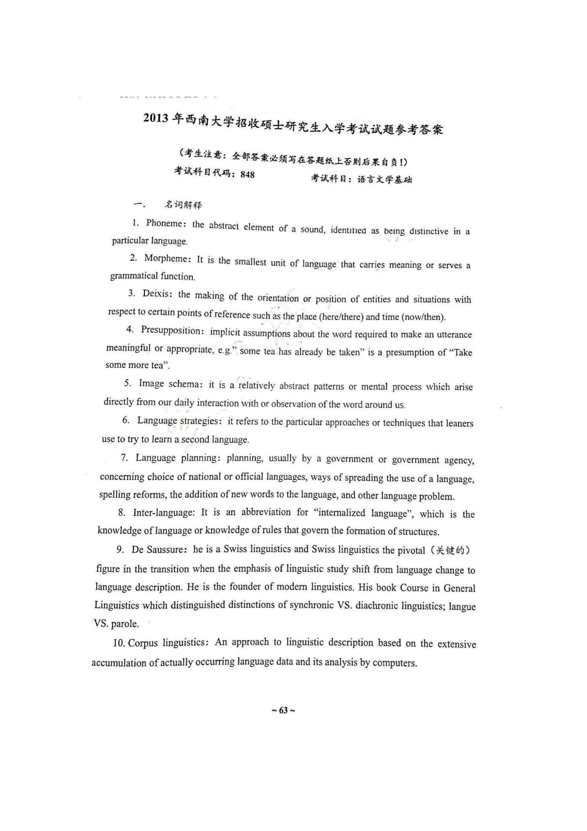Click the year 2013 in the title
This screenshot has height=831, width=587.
156,119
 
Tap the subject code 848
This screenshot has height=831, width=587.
248,174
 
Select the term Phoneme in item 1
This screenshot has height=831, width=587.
164,223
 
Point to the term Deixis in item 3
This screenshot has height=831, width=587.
157,293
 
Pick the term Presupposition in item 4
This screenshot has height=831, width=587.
170,330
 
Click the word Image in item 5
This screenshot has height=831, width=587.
151,383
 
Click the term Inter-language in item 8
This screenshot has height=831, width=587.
164,513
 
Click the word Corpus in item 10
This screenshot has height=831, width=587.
142,643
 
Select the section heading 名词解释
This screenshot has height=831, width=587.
183,204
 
